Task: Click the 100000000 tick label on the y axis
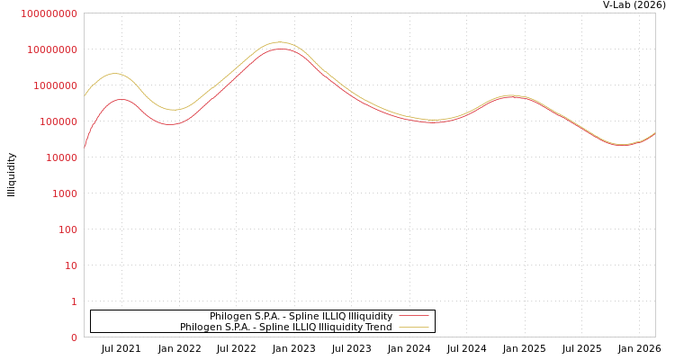[x=49, y=13]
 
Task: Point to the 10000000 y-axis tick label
[x=51, y=49]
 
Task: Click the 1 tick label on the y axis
[x=74, y=301]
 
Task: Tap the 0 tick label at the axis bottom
[x=74, y=337]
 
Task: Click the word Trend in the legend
[x=378, y=328]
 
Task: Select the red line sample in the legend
[x=413, y=316]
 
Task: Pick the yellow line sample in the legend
[x=413, y=328]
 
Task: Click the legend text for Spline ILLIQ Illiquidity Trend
[x=285, y=328]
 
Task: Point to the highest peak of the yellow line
[x=280, y=42]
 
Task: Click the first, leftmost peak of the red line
[x=121, y=99]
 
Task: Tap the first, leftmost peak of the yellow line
[x=114, y=74]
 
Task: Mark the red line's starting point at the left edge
[x=85, y=146]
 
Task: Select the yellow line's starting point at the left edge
[x=85, y=95]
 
